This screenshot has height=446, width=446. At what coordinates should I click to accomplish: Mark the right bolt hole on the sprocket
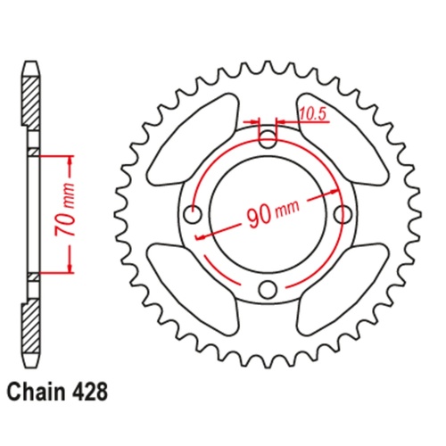click(343, 214)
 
